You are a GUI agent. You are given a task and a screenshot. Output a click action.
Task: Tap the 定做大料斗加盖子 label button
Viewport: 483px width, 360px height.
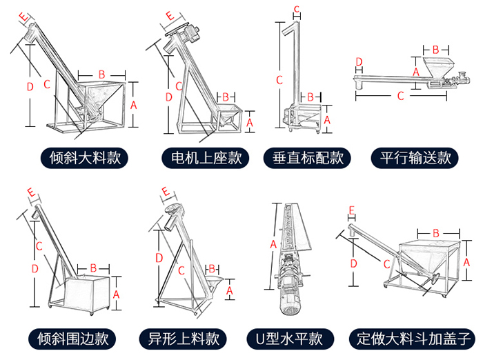(413, 339)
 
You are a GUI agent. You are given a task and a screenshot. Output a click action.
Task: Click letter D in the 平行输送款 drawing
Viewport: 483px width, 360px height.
(359, 63)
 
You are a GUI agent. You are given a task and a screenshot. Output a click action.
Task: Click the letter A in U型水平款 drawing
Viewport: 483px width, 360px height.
(273, 244)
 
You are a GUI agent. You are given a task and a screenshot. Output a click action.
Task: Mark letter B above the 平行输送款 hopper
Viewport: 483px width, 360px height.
(435, 50)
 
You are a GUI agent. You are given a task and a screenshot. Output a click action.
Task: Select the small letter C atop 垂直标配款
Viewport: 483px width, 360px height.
(297, 8)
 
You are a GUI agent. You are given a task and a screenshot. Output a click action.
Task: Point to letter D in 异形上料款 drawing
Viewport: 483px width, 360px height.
(159, 258)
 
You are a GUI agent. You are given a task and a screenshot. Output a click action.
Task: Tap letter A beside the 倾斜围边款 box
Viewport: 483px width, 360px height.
(116, 294)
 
